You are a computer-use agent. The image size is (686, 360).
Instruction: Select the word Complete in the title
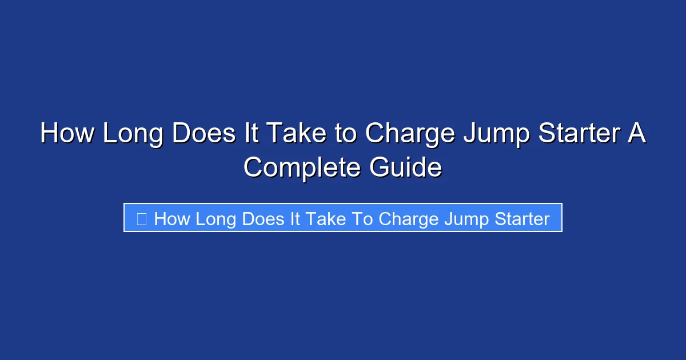point(302,168)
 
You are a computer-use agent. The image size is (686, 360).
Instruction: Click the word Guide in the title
point(406,168)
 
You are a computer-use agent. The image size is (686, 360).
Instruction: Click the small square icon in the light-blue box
point(142,219)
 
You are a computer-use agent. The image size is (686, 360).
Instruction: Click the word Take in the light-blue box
point(324,219)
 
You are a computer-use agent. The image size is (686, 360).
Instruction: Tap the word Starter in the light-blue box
point(521,219)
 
